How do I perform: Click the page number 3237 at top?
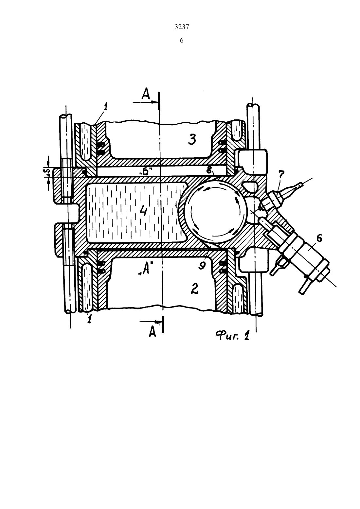click(182, 27)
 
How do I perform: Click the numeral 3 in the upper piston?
click(192, 139)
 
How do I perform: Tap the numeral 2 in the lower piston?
click(195, 289)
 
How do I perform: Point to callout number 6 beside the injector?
click(319, 238)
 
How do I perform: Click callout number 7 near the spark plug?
click(281, 174)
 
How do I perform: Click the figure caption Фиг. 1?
click(233, 335)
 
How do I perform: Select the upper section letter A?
click(145, 94)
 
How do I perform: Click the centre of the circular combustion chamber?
click(215, 212)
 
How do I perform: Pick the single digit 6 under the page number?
click(182, 41)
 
